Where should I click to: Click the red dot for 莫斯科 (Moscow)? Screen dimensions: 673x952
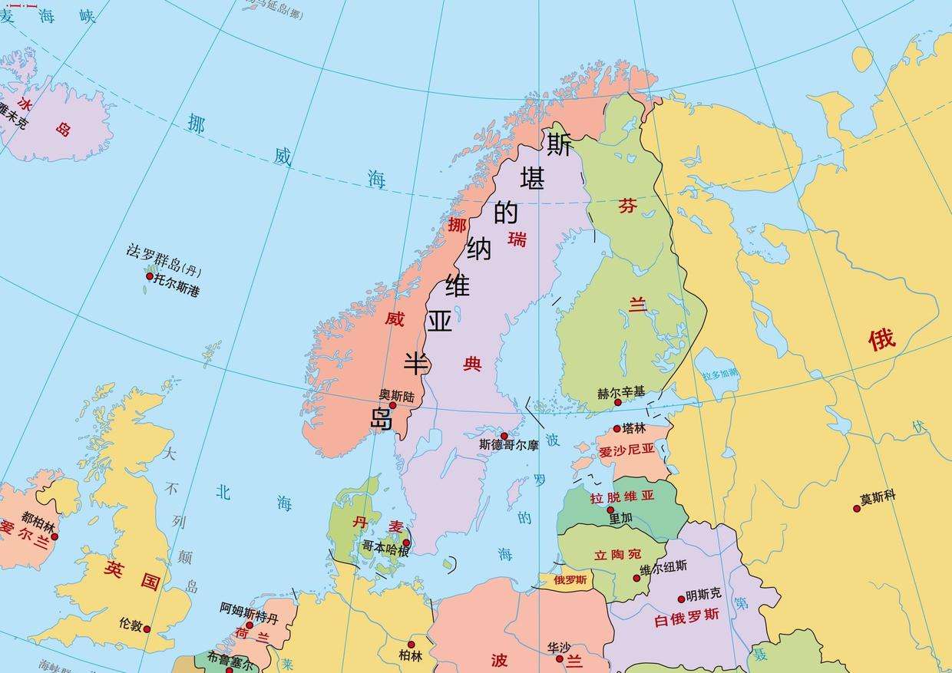tap(857, 508)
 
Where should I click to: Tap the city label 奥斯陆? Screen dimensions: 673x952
tap(396, 395)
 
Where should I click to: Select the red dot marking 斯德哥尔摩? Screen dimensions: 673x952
tap(504, 436)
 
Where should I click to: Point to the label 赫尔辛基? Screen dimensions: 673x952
tap(621, 392)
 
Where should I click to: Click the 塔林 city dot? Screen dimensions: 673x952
tap(616, 429)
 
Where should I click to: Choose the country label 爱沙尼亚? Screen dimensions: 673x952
tap(627, 450)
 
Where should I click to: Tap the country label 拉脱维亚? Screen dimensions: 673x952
tap(622, 497)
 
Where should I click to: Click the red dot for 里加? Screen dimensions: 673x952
tap(610, 510)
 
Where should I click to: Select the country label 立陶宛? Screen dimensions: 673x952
tap(617, 554)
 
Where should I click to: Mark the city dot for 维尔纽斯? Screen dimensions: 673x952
tap(636, 578)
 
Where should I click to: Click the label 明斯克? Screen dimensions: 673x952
tap(704, 594)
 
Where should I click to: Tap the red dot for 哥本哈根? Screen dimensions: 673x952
tap(407, 543)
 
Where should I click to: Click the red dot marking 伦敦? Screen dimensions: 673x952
tap(147, 629)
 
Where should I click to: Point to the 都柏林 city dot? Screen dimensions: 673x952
tap(55, 536)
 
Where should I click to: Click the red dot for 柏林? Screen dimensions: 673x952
tap(411, 645)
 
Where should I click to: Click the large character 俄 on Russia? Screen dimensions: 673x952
tap(882, 338)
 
